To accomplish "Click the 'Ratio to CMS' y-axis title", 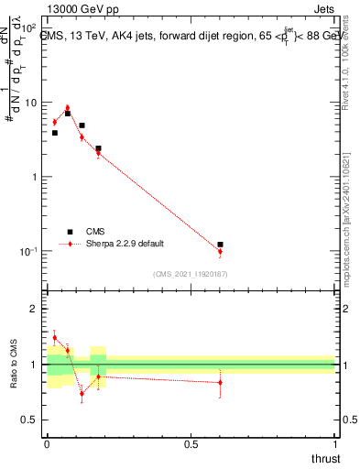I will point(13,365).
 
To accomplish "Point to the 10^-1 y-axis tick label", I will point(29,251).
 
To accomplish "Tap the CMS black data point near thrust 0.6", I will point(220,245).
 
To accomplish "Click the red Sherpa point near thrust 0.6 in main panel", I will point(220,251).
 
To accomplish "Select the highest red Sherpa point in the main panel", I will point(67,107).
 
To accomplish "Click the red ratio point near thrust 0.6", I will point(220,383).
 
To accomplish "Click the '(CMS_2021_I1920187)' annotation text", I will point(191,273).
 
